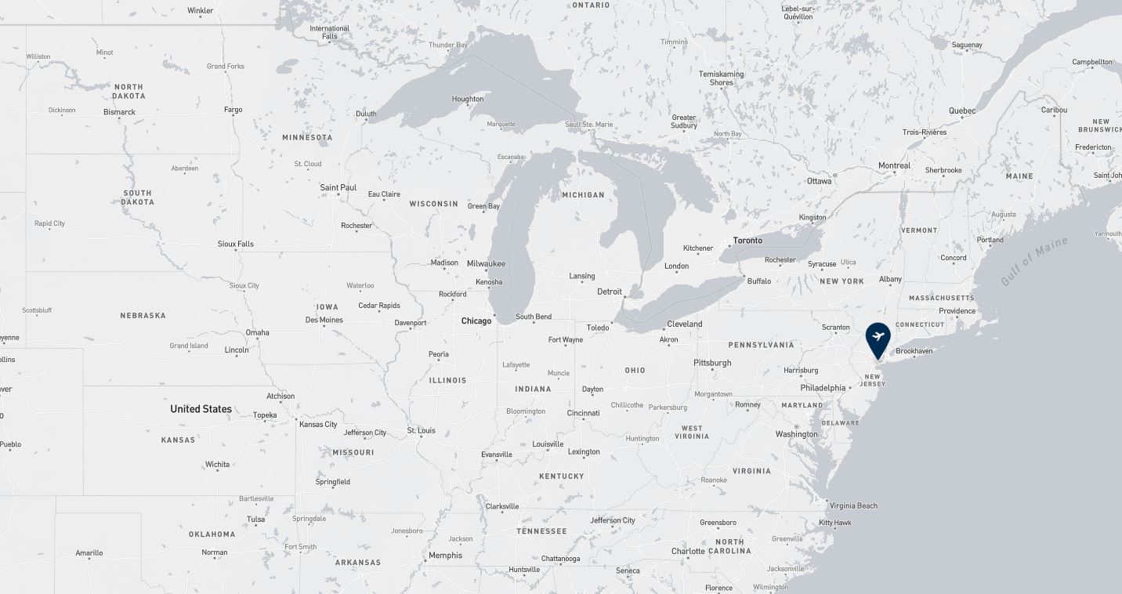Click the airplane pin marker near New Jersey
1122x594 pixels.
tap(878, 338)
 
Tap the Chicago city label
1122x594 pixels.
tap(476, 321)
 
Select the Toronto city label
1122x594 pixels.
tap(747, 241)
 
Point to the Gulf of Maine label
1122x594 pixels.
tap(1034, 261)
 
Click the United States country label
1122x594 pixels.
tap(201, 409)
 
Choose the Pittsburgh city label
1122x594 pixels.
tap(712, 363)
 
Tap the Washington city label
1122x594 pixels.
tap(796, 434)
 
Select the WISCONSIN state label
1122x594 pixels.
tap(433, 204)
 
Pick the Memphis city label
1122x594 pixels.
tap(445, 556)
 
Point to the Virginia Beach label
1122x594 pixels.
tap(853, 505)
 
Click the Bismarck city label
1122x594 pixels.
tap(119, 112)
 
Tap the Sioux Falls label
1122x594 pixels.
tap(236, 244)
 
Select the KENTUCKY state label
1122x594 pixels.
tap(562, 476)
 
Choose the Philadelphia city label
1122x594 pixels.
tap(823, 388)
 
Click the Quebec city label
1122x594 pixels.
tap(962, 110)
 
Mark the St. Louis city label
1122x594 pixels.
tap(421, 430)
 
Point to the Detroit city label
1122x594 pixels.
tap(610, 292)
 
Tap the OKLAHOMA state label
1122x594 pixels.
tap(212, 534)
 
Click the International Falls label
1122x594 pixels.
tap(329, 32)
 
